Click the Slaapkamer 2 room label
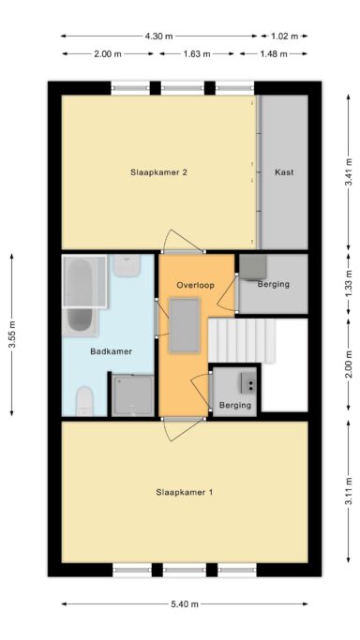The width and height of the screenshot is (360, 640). [x=158, y=172]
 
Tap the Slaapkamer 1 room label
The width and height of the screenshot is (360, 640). [x=184, y=492]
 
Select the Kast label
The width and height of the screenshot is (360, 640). [x=284, y=172]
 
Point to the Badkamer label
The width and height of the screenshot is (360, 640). [x=111, y=351]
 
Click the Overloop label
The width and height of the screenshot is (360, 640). [x=195, y=285]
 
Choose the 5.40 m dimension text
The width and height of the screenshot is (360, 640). [x=185, y=604]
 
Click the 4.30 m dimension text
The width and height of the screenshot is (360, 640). [x=159, y=36]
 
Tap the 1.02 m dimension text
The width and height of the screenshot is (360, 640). [x=284, y=36]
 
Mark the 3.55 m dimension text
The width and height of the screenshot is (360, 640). [x=12, y=335]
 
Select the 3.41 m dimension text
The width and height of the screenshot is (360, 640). [x=348, y=172]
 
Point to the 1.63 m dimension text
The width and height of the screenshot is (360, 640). [x=197, y=53]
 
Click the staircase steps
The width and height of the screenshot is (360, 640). [x=242, y=341]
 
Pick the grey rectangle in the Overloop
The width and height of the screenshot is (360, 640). [x=185, y=325]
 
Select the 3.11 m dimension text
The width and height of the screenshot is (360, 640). [x=348, y=491]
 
